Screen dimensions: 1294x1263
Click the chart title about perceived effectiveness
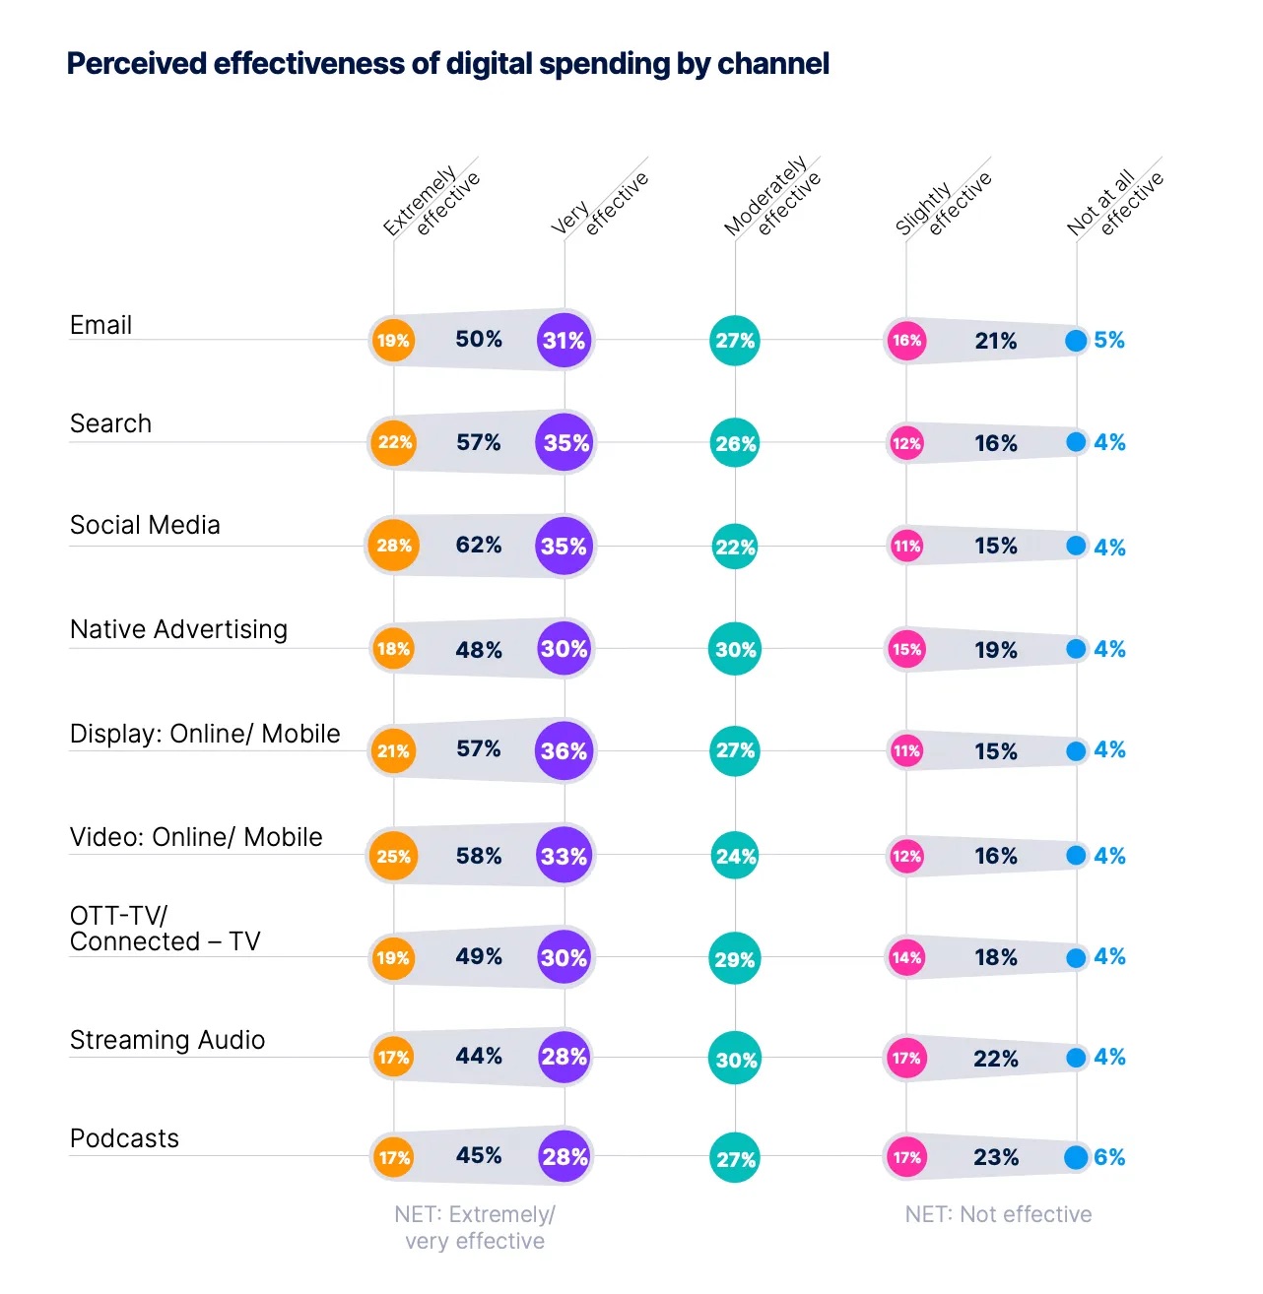447,64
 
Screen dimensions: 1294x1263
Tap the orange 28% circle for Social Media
393,546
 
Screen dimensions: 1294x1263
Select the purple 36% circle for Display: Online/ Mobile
564,751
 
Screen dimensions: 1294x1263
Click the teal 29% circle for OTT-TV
735,959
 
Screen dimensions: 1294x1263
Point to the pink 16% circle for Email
906,341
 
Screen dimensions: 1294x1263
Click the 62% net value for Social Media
479,546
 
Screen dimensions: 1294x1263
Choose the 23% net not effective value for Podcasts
996,1157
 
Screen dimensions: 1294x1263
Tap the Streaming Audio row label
167,1040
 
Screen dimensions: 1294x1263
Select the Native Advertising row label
178,629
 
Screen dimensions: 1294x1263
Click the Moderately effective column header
772,197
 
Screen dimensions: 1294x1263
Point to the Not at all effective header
1115,202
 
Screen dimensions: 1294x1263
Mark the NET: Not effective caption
998,1214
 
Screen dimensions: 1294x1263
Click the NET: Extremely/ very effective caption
475,1227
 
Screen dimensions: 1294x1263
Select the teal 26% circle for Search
735,443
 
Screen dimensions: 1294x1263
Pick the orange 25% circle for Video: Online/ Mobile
393,856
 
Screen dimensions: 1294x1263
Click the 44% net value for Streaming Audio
479,1057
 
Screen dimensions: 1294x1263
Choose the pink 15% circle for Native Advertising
906,649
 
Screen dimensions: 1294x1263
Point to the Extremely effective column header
432,202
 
